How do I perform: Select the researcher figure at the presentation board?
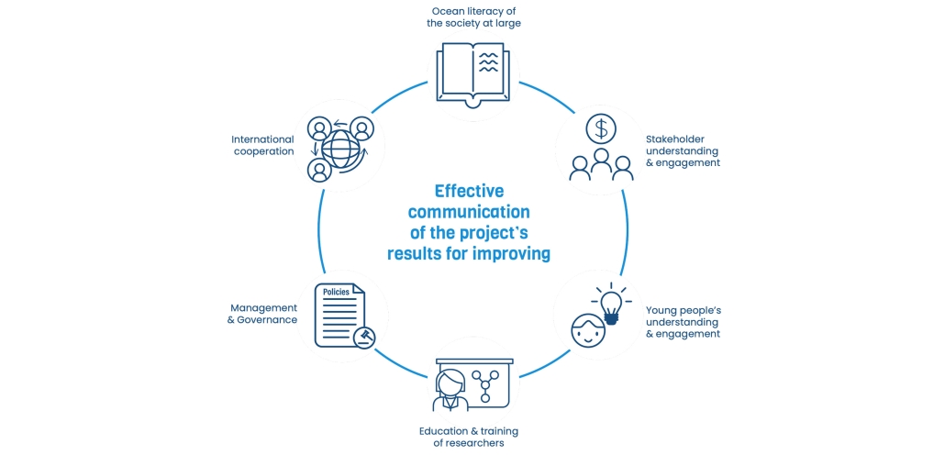(450, 392)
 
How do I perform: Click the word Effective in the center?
(469, 191)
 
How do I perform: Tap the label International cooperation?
(262, 145)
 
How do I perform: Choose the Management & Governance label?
(262, 314)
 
